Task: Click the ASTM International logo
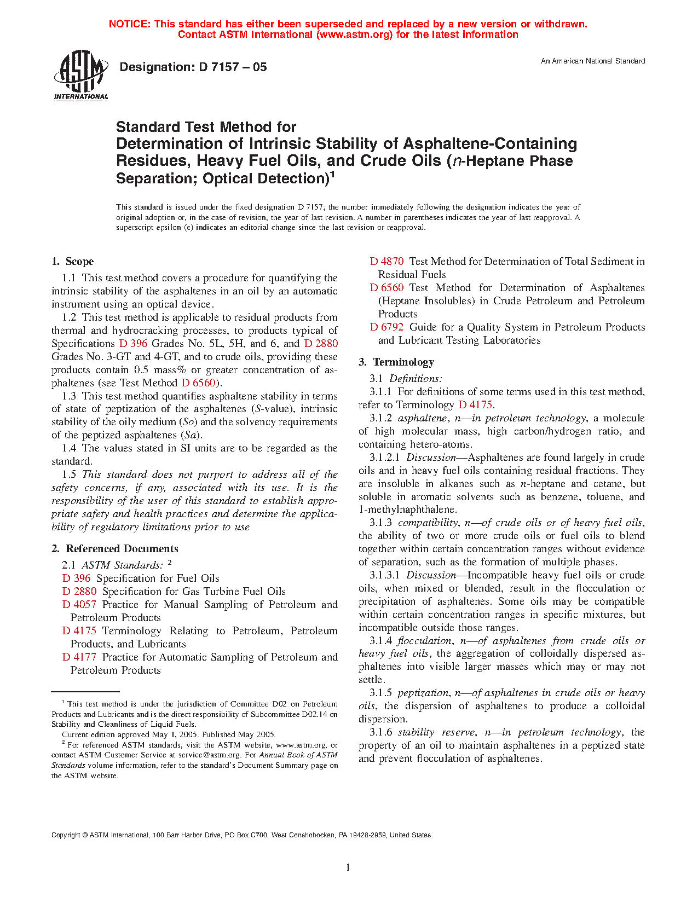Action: click(x=80, y=75)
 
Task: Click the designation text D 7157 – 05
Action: click(x=193, y=67)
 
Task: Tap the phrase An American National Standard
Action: click(x=593, y=61)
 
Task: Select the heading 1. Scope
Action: click(x=72, y=262)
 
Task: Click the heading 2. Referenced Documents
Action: click(x=114, y=549)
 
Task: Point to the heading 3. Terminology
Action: click(x=396, y=362)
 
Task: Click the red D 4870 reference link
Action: click(x=387, y=262)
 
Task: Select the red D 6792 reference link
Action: click(x=387, y=327)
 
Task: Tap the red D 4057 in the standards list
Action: click(x=79, y=605)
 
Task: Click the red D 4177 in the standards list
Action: click(x=79, y=657)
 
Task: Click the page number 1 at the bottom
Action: click(x=348, y=866)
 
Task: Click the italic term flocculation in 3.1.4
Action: click(x=425, y=641)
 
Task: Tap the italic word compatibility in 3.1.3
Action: click(x=428, y=523)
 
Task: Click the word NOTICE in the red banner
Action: click(x=129, y=24)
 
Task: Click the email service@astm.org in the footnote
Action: click(x=210, y=755)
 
